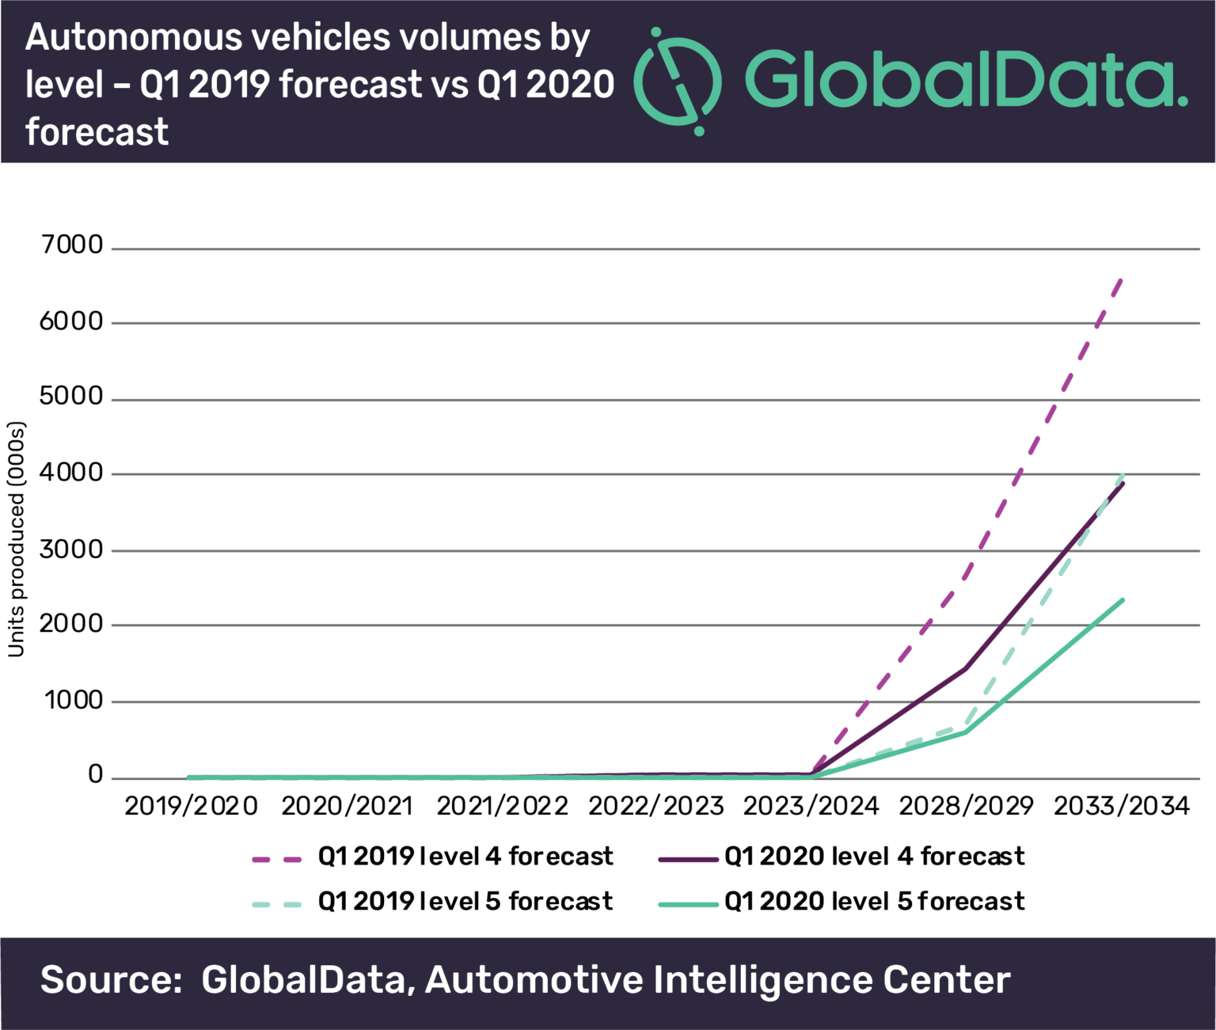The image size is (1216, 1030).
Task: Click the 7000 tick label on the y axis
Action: coord(71,245)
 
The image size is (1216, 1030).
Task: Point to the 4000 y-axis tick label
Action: coord(71,473)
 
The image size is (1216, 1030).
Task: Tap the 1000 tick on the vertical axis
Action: coord(73,700)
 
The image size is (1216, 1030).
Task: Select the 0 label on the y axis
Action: coord(95,774)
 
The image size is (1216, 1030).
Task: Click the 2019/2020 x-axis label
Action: coord(192,806)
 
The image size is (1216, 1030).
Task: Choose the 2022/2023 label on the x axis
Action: coord(655,806)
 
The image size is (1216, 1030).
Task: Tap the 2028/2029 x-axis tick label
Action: coord(966,806)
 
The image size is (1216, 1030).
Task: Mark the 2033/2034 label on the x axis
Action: coord(1121,806)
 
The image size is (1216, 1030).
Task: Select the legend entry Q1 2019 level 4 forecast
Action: coord(465,857)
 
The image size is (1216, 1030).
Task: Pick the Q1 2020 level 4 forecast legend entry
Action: coord(874,857)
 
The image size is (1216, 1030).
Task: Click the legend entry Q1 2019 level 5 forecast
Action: coord(465,902)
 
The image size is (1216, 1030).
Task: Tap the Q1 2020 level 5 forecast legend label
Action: coord(874,902)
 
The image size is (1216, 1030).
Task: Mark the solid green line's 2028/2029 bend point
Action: coord(966,732)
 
